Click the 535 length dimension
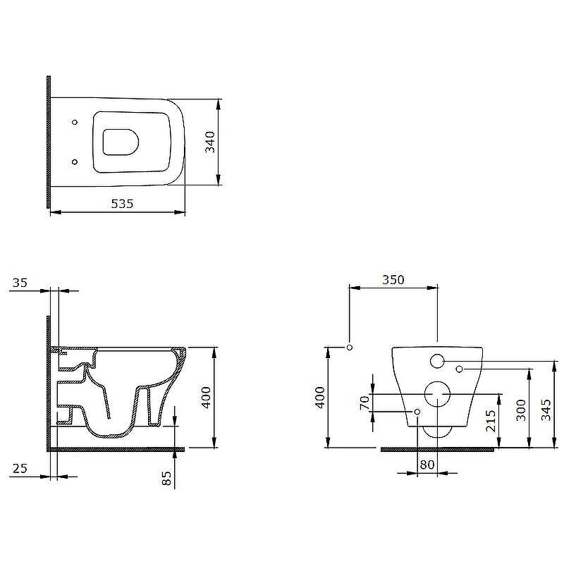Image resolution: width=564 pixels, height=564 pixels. pyautogui.click(x=122, y=204)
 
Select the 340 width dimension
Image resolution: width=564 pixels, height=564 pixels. pyautogui.click(x=210, y=142)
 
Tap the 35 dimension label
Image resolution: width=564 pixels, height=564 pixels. pyautogui.click(x=20, y=283)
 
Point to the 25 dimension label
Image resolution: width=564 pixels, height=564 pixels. pyautogui.click(x=20, y=468)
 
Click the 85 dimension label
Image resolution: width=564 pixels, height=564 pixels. pyautogui.click(x=166, y=478)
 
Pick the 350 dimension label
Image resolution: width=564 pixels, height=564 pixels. pyautogui.click(x=393, y=280)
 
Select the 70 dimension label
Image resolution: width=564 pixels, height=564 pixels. pyautogui.click(x=364, y=403)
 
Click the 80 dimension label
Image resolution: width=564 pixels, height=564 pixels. pyautogui.click(x=427, y=465)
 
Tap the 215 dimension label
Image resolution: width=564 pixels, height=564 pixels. pyautogui.click(x=491, y=421)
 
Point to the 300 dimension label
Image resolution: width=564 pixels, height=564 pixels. pyautogui.click(x=521, y=410)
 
